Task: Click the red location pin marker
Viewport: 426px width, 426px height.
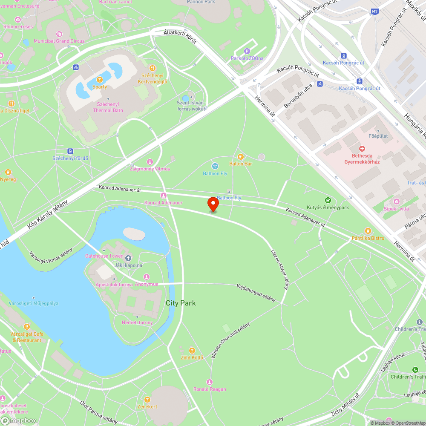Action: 213,204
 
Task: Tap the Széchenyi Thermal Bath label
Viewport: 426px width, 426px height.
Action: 108,107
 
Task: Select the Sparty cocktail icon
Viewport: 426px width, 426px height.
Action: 99,80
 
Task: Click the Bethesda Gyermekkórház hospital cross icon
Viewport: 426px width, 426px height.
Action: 362,149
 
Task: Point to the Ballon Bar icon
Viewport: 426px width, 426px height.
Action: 240,157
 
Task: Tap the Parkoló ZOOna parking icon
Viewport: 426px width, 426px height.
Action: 247,51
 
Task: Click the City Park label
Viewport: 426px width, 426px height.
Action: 181,303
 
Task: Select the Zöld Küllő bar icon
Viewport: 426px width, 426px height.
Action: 192,351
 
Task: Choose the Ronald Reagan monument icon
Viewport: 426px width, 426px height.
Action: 209,382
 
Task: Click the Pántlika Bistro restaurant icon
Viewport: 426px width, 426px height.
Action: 368,231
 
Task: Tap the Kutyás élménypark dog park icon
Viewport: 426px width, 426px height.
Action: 328,200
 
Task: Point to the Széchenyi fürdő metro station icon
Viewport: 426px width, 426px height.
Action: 70,151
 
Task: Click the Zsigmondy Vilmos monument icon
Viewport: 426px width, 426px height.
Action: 150,162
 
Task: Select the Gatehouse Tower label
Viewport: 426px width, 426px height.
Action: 104,256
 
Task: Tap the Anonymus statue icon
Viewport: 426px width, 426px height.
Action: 147,277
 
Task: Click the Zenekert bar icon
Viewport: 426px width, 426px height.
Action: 147,400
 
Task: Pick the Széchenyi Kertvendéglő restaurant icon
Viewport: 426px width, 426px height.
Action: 152,68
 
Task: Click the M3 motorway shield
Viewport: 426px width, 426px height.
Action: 374,12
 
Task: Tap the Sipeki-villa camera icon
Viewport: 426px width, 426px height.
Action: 397,201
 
